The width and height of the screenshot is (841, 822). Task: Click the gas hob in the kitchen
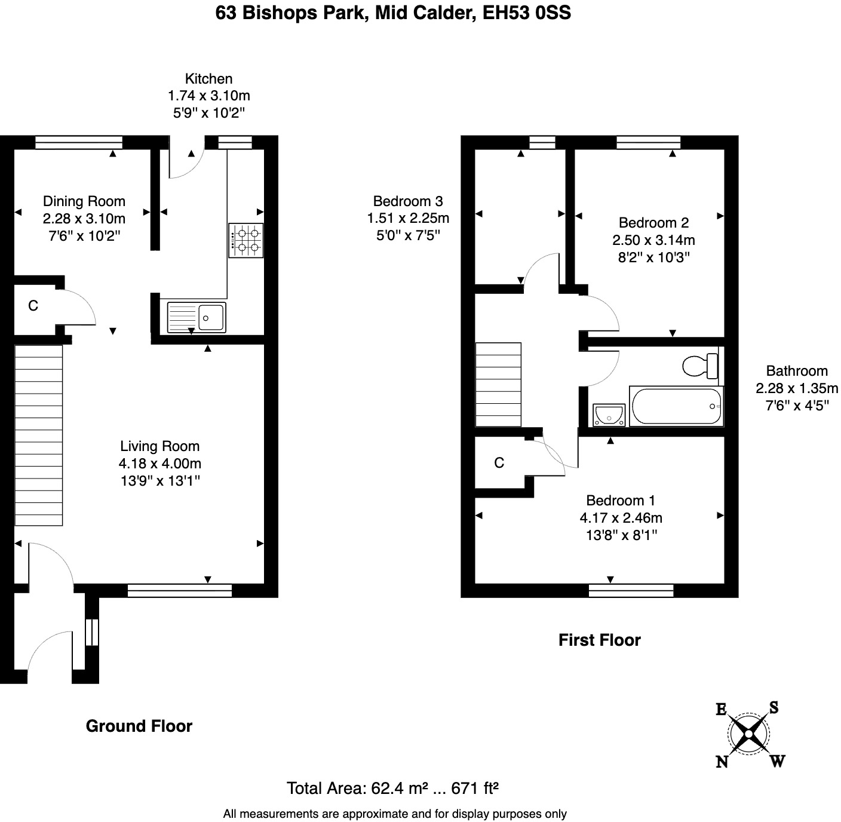tap(245, 241)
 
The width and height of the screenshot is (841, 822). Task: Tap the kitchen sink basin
tap(211, 317)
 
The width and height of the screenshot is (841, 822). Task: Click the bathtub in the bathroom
tap(675, 407)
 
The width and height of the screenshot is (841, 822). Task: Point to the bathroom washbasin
tap(609, 415)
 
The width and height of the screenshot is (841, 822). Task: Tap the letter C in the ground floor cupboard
tap(33, 306)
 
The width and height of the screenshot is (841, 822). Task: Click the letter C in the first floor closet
tap(499, 462)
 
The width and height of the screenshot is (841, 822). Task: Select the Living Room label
tap(159, 446)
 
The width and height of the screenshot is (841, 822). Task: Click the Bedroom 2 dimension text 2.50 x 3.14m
tap(653, 240)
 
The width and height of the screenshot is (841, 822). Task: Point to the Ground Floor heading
tap(139, 726)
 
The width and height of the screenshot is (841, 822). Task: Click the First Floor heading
tap(599, 640)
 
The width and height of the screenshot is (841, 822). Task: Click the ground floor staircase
tap(38, 435)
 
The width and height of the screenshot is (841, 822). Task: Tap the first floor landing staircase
tap(498, 384)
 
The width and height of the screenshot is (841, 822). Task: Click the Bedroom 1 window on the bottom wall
tap(631, 590)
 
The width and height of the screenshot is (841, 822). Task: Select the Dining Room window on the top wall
tap(78, 142)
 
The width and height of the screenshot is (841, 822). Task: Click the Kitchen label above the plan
tap(208, 79)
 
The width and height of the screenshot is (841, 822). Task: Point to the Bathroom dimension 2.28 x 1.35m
tap(796, 388)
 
